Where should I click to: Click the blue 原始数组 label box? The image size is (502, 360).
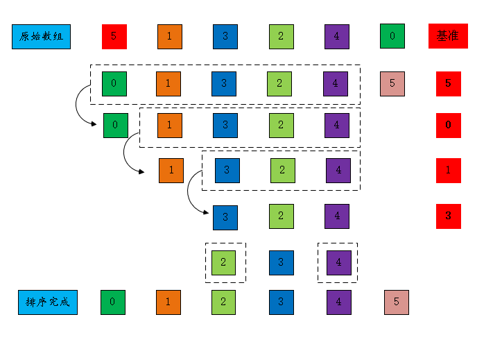click(41, 36)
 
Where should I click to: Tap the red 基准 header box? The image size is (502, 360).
click(448, 36)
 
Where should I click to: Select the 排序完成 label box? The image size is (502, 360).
click(48, 302)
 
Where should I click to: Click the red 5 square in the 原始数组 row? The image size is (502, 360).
click(114, 36)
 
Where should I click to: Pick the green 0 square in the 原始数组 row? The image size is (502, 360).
click(392, 36)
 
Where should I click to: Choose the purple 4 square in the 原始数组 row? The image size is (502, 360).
click(336, 36)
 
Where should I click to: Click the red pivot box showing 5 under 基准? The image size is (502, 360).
click(448, 83)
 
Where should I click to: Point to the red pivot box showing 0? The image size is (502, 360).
click(448, 125)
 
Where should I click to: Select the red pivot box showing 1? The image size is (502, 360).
click(448, 170)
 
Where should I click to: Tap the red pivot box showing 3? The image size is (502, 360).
click(448, 216)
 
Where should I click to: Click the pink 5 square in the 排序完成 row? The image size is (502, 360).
click(397, 302)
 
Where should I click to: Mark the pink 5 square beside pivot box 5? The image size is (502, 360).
click(392, 83)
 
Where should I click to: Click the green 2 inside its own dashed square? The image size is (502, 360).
click(224, 262)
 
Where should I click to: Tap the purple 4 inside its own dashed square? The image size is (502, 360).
click(338, 262)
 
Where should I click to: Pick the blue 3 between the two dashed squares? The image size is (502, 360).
click(281, 262)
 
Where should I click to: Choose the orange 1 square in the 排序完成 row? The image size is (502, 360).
click(168, 302)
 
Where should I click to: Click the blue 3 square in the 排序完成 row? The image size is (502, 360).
click(281, 302)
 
